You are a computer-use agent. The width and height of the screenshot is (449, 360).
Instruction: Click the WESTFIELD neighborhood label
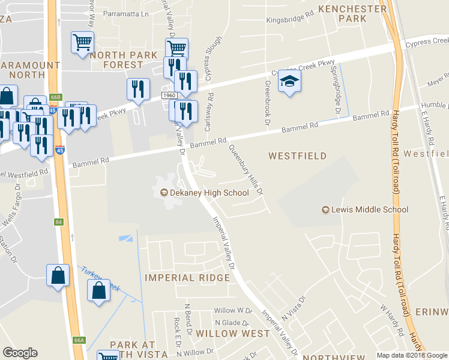[297, 156]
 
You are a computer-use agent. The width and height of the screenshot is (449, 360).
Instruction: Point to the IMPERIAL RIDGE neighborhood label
[187, 278]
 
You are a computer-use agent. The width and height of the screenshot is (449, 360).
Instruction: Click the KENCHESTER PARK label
[352, 13]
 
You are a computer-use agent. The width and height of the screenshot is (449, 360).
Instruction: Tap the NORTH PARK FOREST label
[124, 59]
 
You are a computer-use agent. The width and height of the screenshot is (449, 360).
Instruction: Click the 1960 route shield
[167, 96]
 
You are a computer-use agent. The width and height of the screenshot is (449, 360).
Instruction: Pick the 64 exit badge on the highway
[58, 222]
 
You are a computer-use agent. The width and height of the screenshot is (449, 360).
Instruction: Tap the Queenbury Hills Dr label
[246, 171]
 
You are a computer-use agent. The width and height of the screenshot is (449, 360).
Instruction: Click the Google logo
[20, 353]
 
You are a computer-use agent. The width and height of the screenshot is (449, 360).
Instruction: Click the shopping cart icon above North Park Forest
[82, 42]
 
